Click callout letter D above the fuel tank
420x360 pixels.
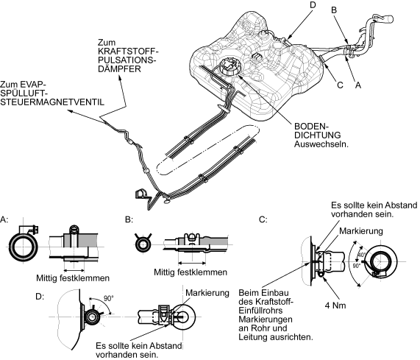click(x=313, y=5)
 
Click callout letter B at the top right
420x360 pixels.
click(x=334, y=10)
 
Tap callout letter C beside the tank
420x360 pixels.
click(x=340, y=85)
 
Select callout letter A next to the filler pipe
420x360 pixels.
click(x=358, y=85)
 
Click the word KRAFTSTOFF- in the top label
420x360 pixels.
click(x=128, y=52)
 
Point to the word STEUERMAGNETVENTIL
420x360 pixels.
click(x=52, y=102)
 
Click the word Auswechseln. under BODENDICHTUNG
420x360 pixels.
click(x=321, y=144)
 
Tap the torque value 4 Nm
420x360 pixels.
click(x=335, y=306)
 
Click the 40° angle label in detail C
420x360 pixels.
click(x=362, y=255)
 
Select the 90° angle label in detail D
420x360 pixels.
click(x=108, y=298)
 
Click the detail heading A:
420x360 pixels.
click(x=4, y=220)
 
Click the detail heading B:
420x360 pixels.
click(x=129, y=220)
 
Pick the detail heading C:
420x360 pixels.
click(x=263, y=220)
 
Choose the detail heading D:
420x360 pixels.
click(x=40, y=297)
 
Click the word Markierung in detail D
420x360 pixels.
click(x=207, y=293)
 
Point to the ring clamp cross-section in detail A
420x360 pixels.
click(x=24, y=247)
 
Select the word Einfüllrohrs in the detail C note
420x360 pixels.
click(x=260, y=311)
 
